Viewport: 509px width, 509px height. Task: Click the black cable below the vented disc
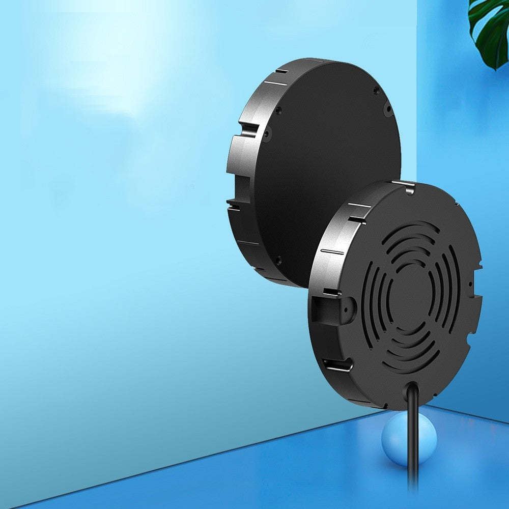pyautogui.click(x=413, y=448)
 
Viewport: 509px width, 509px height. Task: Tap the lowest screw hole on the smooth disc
pyautogui.click(x=278, y=260)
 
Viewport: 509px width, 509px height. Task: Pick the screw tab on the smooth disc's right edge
pyautogui.click(x=388, y=108)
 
